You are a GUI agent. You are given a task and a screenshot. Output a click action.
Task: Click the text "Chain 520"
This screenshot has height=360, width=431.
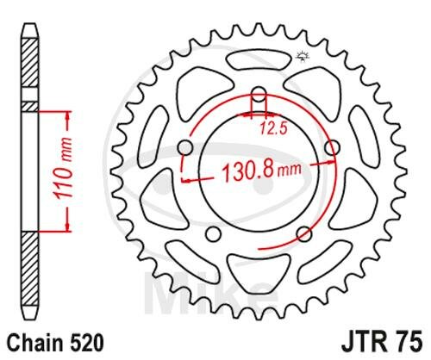click(54, 343)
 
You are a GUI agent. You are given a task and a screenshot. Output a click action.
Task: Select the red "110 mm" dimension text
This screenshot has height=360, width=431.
click(64, 170)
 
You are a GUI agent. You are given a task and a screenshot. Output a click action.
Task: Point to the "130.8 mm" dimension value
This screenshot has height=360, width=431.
click(262, 172)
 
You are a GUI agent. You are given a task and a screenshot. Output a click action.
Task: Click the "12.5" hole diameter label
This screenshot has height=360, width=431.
click(274, 128)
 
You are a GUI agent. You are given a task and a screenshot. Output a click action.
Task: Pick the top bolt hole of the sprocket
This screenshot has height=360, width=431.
click(259, 95)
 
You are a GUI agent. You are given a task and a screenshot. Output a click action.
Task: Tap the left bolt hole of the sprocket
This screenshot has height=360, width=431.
click(185, 148)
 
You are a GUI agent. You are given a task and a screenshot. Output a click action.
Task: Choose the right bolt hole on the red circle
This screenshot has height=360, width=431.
click(333, 148)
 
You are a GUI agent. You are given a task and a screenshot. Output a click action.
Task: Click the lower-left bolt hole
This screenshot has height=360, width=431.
click(213, 234)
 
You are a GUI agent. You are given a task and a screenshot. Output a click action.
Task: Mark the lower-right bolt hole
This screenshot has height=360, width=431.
click(304, 234)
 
